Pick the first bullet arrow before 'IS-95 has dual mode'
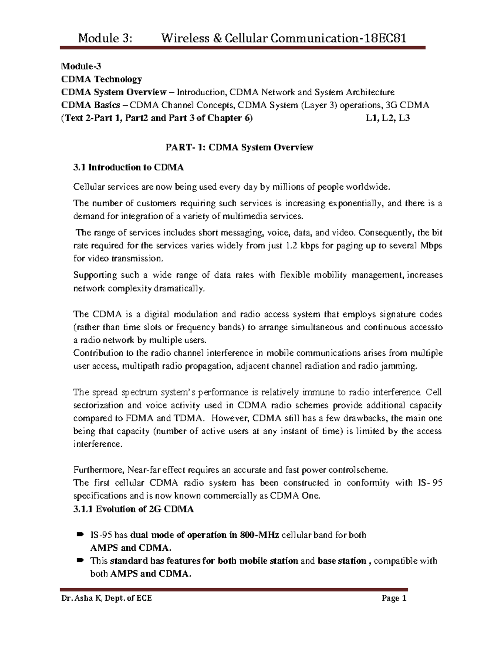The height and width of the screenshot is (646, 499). pos(80,534)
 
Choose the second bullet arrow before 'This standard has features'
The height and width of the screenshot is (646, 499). pos(80,560)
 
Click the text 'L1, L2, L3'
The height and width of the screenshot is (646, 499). pos(388,118)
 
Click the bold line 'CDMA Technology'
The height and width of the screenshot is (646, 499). pos(101,79)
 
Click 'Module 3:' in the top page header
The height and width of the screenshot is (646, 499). pos(106,39)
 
